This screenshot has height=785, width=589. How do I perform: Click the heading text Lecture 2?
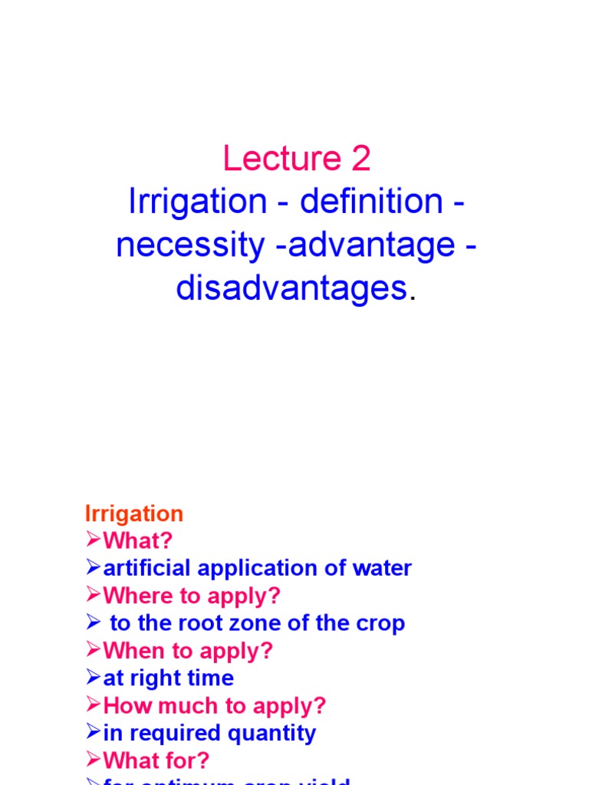coord(297,159)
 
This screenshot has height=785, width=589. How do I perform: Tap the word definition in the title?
coord(371,202)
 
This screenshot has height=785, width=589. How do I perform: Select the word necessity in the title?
coord(189,245)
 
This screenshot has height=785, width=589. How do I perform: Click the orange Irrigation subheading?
coord(134,514)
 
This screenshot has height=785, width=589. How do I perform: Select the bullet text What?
coord(138,541)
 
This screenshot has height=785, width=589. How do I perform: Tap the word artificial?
coord(143,568)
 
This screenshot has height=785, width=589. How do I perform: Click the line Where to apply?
coord(192,596)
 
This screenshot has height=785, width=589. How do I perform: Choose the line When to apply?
coord(188,651)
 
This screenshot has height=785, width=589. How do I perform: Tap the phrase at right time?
coord(169,678)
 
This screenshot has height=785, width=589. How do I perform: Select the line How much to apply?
coord(215,705)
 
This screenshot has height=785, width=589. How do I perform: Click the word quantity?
coord(277,733)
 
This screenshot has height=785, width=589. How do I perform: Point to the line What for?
coord(156,760)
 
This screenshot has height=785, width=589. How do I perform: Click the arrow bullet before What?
coord(93,541)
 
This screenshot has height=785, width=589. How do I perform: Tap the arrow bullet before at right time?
coord(93,678)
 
